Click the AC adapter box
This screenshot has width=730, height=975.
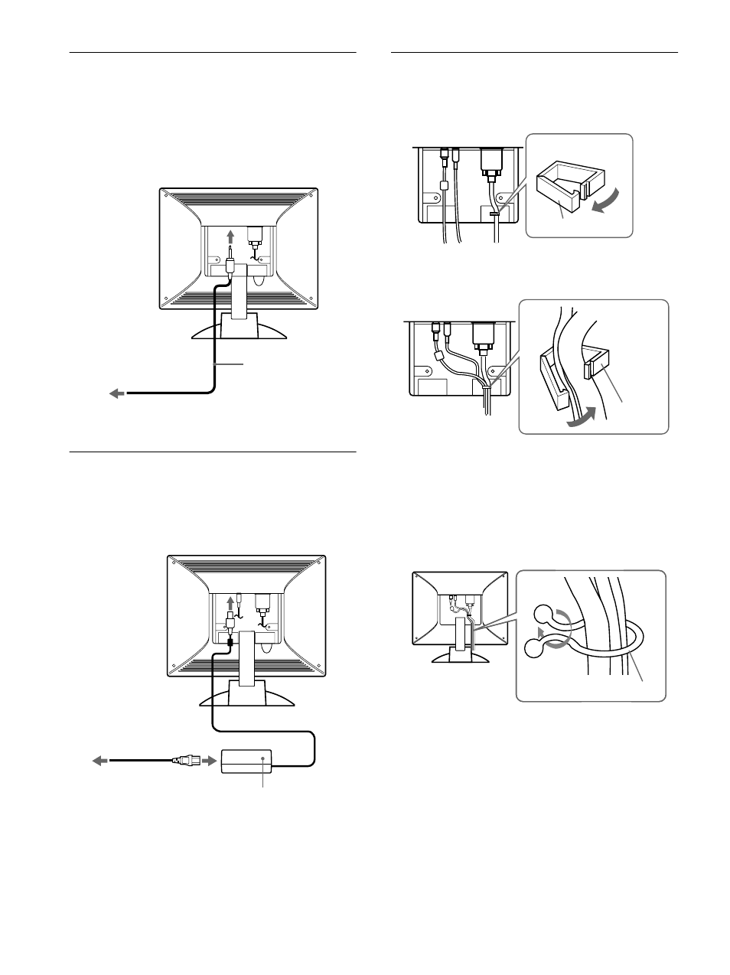[x=247, y=761]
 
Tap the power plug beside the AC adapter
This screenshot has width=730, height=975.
[x=185, y=761]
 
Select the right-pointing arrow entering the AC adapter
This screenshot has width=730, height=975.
[x=207, y=761]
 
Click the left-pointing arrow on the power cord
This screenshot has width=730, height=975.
[x=99, y=761]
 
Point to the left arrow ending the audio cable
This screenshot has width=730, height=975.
[x=116, y=393]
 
